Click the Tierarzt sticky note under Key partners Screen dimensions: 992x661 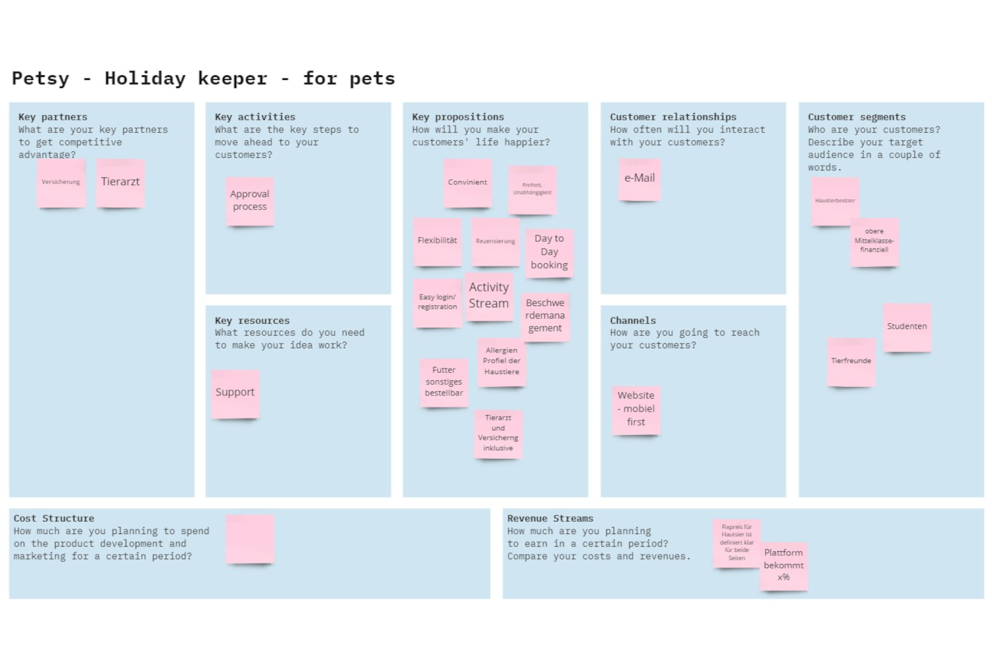tap(120, 182)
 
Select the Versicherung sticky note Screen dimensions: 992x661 tap(61, 182)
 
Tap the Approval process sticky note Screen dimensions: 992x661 tap(250, 200)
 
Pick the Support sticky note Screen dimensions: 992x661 tap(235, 393)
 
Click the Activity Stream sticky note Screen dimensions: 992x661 tap(489, 296)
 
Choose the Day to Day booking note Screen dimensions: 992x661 tap(549, 252)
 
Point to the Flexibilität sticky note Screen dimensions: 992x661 tap(437, 241)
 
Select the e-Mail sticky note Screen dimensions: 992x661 tap(640, 178)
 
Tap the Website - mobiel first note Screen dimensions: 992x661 tap(636, 409)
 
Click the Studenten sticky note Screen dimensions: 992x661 tap(907, 327)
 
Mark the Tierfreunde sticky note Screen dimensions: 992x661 tap(851, 362)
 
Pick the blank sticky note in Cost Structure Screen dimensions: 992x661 tap(250, 539)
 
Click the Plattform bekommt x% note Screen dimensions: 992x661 tap(784, 565)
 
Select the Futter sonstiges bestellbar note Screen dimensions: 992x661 tap(444, 382)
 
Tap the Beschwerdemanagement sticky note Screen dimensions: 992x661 tap(545, 316)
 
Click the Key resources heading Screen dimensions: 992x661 tap(252, 321)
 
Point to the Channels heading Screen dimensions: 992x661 tap(633, 321)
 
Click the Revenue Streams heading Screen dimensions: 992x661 tap(550, 519)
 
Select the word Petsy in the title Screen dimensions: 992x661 tap(40, 79)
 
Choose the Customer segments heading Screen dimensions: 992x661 tap(856, 117)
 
